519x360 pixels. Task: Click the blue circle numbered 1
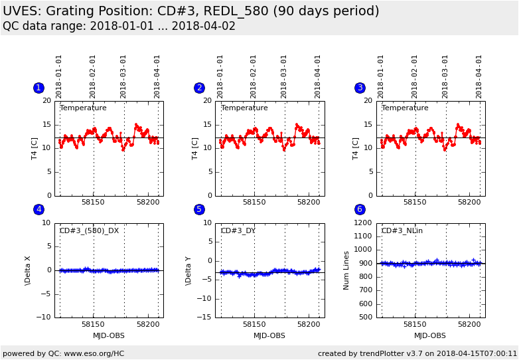coord(38,88)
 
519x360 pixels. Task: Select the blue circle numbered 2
coord(199,88)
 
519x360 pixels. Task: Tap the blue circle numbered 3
coord(360,88)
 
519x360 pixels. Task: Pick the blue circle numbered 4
coord(38,209)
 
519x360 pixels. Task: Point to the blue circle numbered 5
coord(199,209)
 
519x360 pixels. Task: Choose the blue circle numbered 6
coord(360,209)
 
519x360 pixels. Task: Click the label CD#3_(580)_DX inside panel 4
coord(90,231)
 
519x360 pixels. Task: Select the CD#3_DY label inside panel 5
coord(238,231)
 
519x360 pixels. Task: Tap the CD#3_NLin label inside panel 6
coord(402,231)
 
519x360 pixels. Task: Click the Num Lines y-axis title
coord(346,270)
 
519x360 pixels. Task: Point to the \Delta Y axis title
coord(188,270)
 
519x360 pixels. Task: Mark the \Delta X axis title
coord(28,270)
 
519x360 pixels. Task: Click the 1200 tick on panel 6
coord(363,223)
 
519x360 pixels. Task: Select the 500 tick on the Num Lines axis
coord(365,317)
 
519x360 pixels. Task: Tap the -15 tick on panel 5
coord(206,317)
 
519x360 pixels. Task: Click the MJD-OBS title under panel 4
coord(109,335)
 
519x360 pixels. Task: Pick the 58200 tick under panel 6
coord(469,323)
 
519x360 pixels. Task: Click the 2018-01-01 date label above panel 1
coord(59,76)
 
